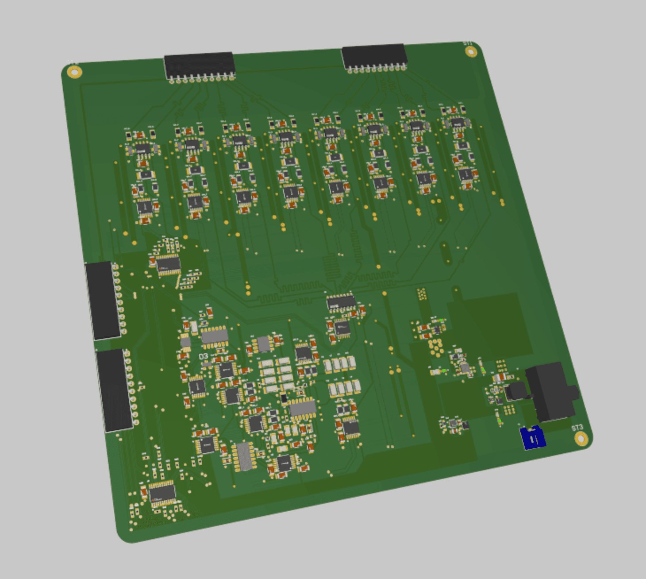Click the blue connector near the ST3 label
[533, 438]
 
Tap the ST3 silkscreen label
[577, 428]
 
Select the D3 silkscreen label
[203, 356]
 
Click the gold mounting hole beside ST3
[581, 439]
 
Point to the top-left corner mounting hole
[74, 72]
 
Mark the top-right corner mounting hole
[471, 52]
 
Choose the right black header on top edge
[374, 56]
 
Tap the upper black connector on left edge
[103, 300]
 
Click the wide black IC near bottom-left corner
[162, 493]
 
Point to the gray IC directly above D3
[215, 336]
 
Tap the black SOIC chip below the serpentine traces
[341, 303]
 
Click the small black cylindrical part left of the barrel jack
[516, 391]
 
